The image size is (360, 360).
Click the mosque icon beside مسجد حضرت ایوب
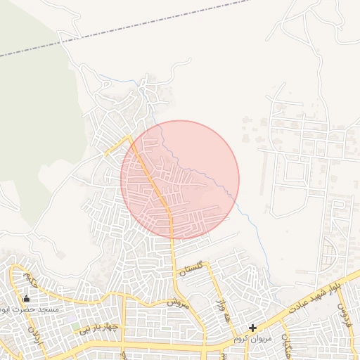tap(27, 298)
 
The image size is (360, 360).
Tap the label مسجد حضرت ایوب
tap(32, 309)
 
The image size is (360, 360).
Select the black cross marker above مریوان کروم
tap(253, 328)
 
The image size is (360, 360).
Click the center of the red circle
tap(180, 180)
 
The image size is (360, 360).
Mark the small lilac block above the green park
tap(74, 317)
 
